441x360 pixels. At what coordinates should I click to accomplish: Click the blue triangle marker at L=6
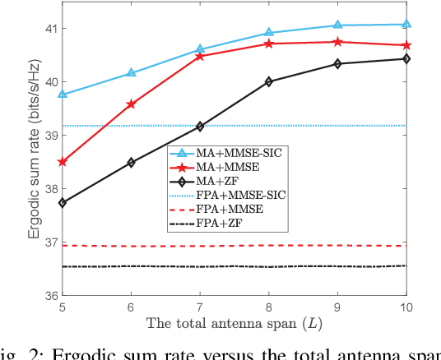(x=131, y=73)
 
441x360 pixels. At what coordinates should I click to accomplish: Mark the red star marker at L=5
(x=63, y=162)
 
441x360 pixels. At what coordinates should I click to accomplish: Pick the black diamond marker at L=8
(x=268, y=81)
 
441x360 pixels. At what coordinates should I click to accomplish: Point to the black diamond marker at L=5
(x=63, y=202)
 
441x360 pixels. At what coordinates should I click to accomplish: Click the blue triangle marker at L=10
(x=406, y=25)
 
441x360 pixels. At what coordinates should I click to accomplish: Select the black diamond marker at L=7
(x=200, y=127)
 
